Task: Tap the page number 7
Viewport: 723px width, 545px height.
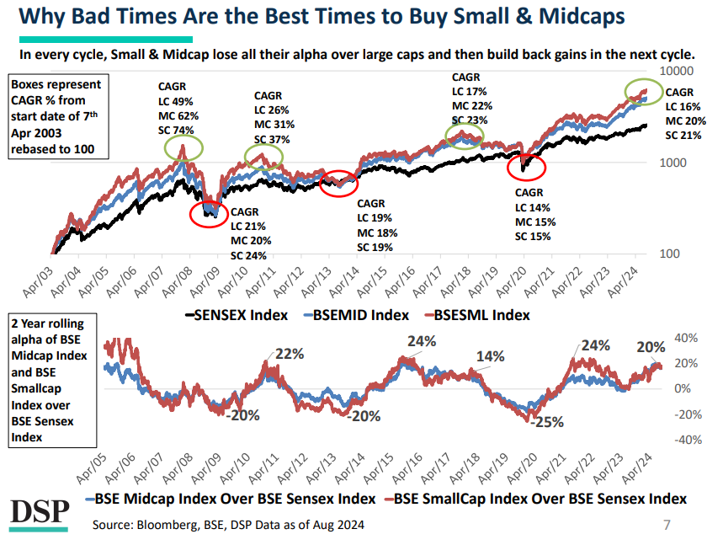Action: (667, 526)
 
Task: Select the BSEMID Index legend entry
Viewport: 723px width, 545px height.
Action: (356, 314)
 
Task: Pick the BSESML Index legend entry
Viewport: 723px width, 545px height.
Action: (479, 314)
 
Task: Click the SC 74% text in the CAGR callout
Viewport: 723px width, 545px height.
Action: (177, 130)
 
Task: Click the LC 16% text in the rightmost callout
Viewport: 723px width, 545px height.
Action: (683, 106)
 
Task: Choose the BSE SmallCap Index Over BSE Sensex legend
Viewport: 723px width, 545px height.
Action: (539, 499)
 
